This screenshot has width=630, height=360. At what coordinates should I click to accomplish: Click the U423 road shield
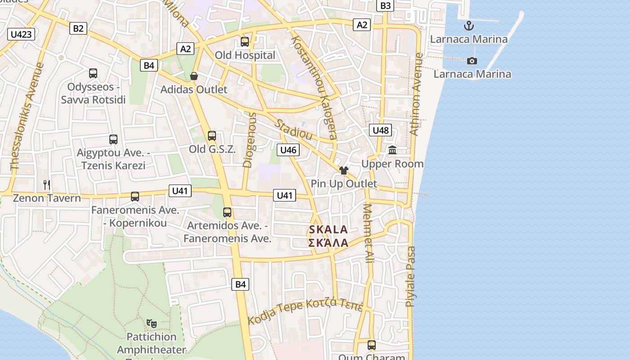[21, 34]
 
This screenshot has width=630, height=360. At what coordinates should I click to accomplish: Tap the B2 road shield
[78, 28]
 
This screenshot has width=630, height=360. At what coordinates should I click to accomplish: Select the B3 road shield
[386, 5]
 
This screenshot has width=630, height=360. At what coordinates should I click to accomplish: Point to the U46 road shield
[288, 150]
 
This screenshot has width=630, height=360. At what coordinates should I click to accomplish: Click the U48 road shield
[381, 130]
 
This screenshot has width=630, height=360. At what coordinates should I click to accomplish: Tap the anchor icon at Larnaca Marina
[469, 25]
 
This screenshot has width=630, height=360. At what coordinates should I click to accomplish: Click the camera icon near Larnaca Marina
[472, 61]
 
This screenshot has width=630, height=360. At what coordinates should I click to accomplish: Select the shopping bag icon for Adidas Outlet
[194, 76]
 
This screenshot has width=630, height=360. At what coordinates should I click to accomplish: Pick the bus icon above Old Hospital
[245, 42]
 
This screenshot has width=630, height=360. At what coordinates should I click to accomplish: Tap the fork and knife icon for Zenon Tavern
[46, 184]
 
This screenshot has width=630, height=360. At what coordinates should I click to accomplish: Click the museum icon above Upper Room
[392, 150]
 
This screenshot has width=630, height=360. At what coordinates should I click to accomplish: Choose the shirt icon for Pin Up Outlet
[344, 171]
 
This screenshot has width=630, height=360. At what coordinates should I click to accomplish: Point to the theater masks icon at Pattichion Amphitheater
[152, 323]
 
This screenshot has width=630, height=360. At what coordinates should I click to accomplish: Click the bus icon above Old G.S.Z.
[211, 135]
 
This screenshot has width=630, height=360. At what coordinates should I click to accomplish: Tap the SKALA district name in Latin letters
[328, 229]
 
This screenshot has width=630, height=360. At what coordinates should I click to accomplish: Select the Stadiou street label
[294, 130]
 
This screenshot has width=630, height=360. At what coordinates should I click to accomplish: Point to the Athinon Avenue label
[416, 94]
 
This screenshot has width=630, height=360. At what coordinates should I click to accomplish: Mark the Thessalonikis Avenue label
[27, 117]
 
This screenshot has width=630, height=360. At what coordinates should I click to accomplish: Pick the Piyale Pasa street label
[410, 277]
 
